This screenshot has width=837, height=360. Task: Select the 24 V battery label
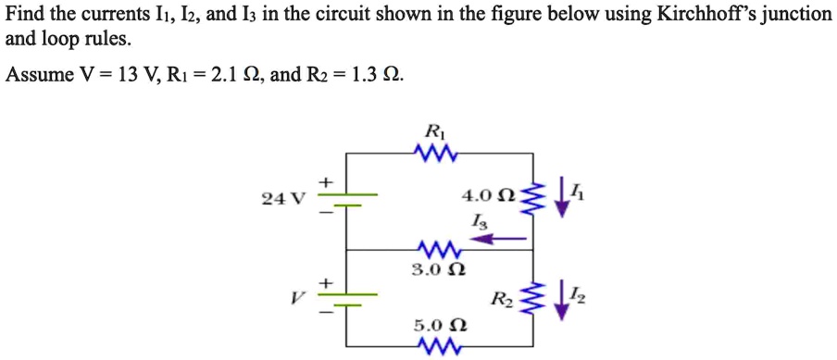pyautogui.click(x=277, y=197)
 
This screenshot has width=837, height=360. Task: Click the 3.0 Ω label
pyautogui.click(x=431, y=270)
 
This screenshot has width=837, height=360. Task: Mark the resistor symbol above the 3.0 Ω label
pyautogui.click(x=431, y=250)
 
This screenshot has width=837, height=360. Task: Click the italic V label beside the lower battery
pyautogui.click(x=295, y=298)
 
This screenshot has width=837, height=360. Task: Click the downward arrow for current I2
pyautogui.click(x=558, y=299)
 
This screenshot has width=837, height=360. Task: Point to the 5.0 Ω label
pyautogui.click(x=432, y=326)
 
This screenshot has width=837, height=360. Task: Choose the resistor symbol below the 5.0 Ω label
pyautogui.click(x=432, y=347)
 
